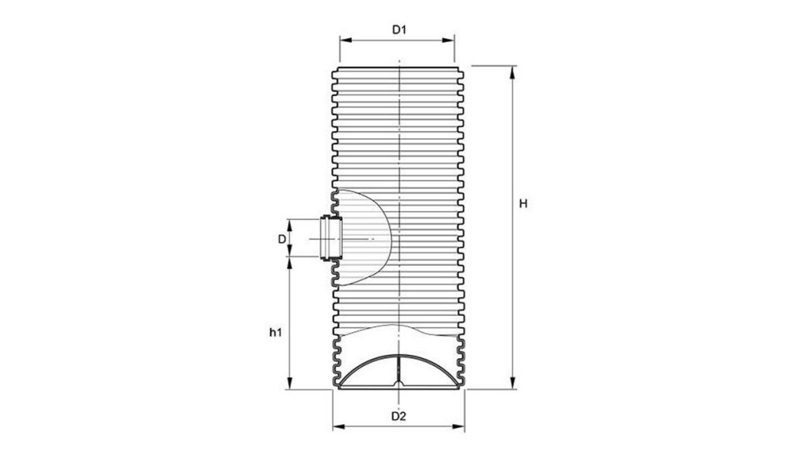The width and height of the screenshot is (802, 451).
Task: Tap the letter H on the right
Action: tap(523, 204)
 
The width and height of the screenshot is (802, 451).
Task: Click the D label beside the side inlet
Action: tap(281, 239)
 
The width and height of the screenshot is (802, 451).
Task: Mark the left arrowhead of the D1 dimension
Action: tap(343, 39)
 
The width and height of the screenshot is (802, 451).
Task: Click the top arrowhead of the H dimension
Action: tap(511, 70)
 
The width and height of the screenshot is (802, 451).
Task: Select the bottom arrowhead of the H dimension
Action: tap(511, 385)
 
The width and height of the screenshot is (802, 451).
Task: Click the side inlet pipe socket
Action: tap(329, 239)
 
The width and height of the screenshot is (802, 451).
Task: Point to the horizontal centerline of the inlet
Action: tap(356, 240)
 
